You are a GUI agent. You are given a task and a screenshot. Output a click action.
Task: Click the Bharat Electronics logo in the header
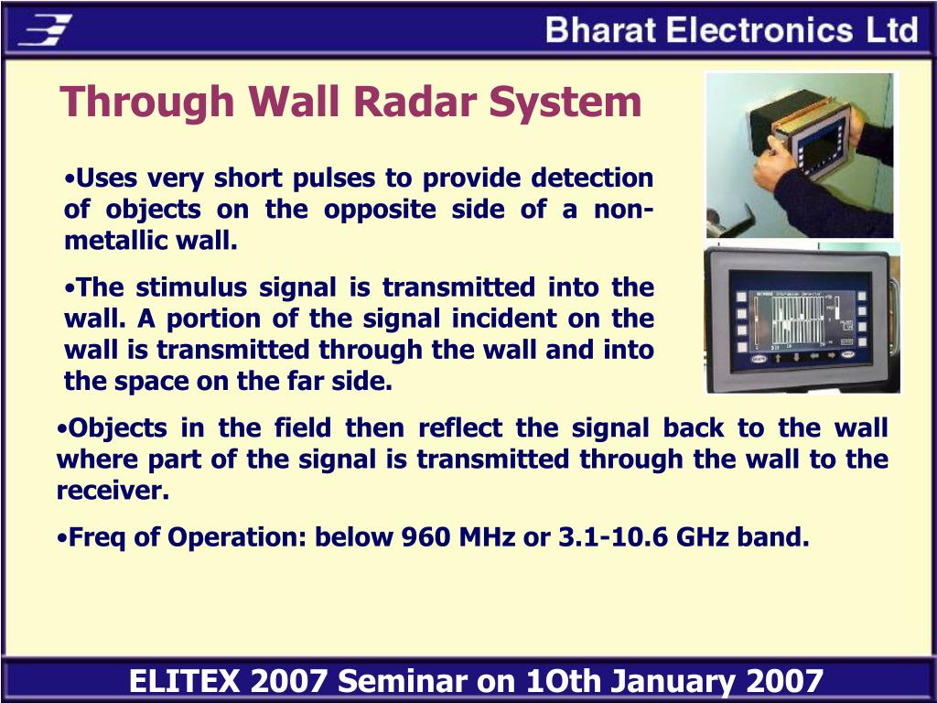[46, 29]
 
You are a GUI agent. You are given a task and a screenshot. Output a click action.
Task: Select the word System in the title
[565, 103]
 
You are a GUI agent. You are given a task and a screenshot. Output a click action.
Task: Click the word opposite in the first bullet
[380, 210]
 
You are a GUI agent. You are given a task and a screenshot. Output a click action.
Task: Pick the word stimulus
[192, 287]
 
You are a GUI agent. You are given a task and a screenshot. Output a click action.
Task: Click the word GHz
[702, 536]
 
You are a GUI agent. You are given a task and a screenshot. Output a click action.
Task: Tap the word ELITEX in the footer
[184, 681]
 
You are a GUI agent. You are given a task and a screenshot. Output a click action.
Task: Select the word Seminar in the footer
[401, 681]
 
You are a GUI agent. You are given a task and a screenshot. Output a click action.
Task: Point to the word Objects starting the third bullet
[110, 429]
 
